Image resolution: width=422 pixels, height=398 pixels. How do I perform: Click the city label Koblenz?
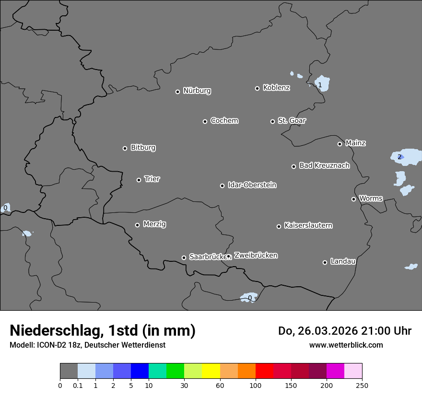coord(276,88)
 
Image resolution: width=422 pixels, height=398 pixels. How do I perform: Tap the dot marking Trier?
coord(139,180)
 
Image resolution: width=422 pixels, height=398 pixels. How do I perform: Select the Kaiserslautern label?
coord(308,225)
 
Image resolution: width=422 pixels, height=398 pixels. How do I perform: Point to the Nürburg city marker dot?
coord(177,92)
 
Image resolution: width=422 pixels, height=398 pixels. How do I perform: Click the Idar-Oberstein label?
coord(252,185)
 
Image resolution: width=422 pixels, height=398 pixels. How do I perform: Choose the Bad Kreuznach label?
coord(324,165)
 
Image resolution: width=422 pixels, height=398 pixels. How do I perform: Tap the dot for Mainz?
coord(340,144)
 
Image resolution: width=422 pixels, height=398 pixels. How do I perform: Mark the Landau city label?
coord(343,261)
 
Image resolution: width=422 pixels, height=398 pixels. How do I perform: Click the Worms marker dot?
coord(353,199)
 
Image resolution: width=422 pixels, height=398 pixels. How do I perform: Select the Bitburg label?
coord(143,148)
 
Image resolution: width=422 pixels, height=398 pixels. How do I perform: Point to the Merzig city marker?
coord(137,225)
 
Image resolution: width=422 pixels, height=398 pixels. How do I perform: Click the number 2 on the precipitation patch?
coord(399,157)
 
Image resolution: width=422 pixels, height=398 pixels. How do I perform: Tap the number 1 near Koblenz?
coord(320,85)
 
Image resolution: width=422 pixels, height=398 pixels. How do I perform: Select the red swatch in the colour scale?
coord(264,371)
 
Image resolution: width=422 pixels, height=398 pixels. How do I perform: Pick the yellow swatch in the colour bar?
coord(211,371)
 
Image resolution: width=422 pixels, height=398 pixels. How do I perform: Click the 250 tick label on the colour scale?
coord(362,385)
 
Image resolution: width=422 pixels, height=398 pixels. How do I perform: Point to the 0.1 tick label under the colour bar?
coord(77,385)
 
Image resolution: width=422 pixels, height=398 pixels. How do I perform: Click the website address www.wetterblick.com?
coord(346,345)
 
